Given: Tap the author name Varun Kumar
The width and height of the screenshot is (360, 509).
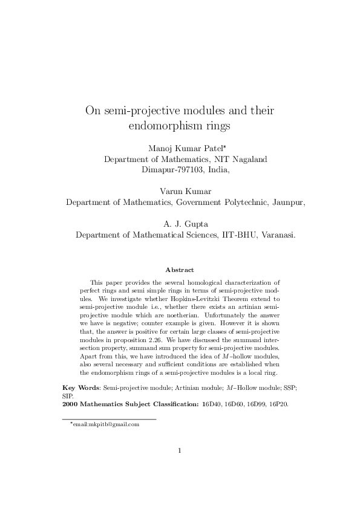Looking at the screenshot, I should point(180,192).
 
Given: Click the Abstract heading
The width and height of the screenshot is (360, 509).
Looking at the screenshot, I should point(180,269).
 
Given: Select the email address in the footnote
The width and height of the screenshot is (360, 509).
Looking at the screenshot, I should point(106,424).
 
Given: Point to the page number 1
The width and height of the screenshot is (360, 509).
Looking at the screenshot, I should point(180,467).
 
